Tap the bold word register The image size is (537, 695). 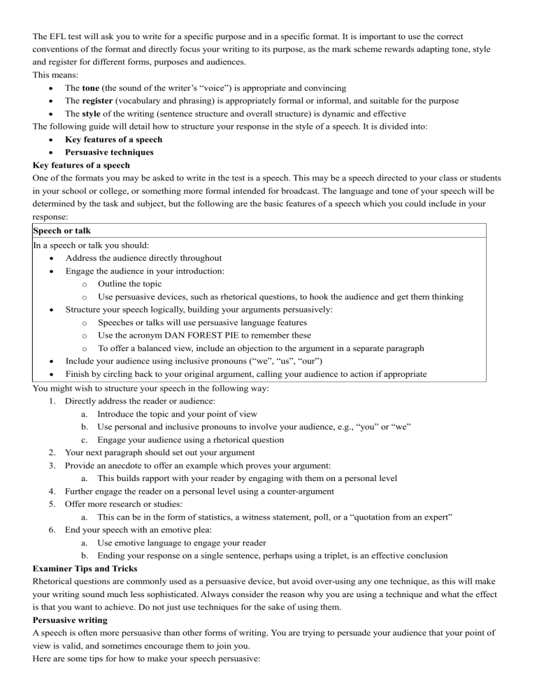pyautogui.click(x=102, y=101)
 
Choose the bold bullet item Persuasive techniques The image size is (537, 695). pyautogui.click(x=109, y=152)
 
